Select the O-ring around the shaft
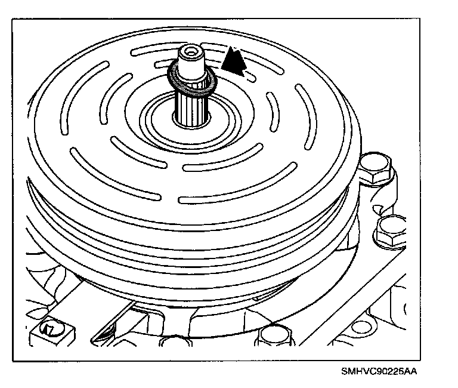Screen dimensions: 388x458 pyautogui.click(x=192, y=84)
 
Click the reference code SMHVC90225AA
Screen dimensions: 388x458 pyautogui.click(x=379, y=371)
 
